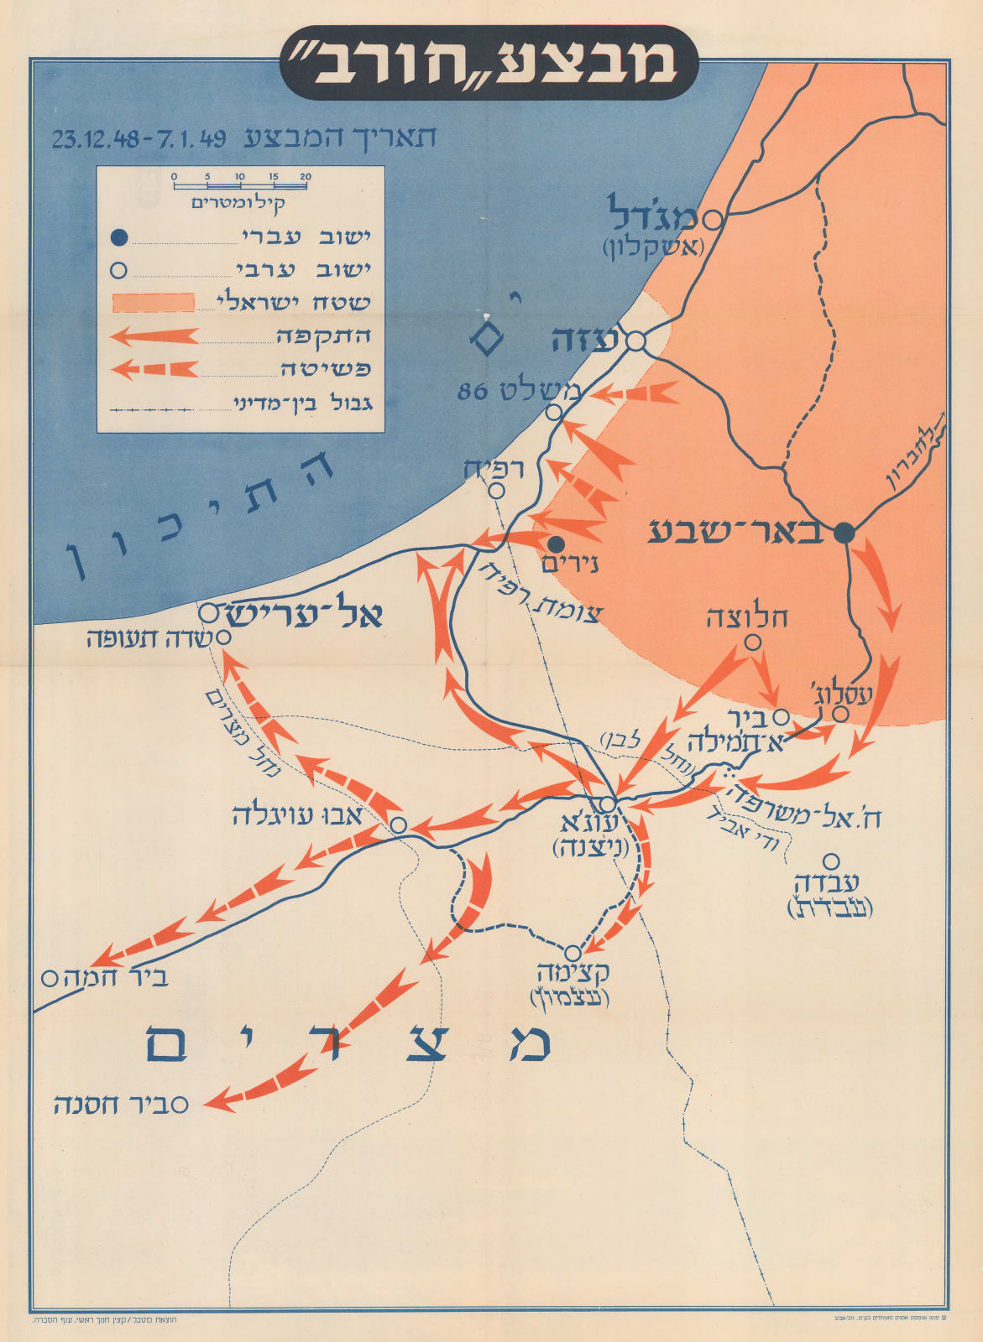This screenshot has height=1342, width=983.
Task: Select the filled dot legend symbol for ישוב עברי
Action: pyautogui.click(x=119, y=238)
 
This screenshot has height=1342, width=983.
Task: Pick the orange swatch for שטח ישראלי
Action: pyautogui.click(x=154, y=303)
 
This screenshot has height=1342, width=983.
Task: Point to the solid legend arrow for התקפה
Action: pyautogui.click(x=155, y=335)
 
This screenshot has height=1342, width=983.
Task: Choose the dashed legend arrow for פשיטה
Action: pyautogui.click(x=155, y=368)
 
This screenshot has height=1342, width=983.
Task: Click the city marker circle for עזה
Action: pyautogui.click(x=636, y=342)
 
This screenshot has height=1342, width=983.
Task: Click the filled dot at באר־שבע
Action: pyautogui.click(x=844, y=532)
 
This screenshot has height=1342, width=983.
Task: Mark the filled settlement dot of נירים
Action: pyautogui.click(x=556, y=544)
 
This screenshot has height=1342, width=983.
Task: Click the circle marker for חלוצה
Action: pyautogui.click(x=753, y=642)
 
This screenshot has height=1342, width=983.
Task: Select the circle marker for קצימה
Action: pyautogui.click(x=573, y=953)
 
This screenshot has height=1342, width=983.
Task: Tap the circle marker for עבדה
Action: pyautogui.click(x=831, y=861)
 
